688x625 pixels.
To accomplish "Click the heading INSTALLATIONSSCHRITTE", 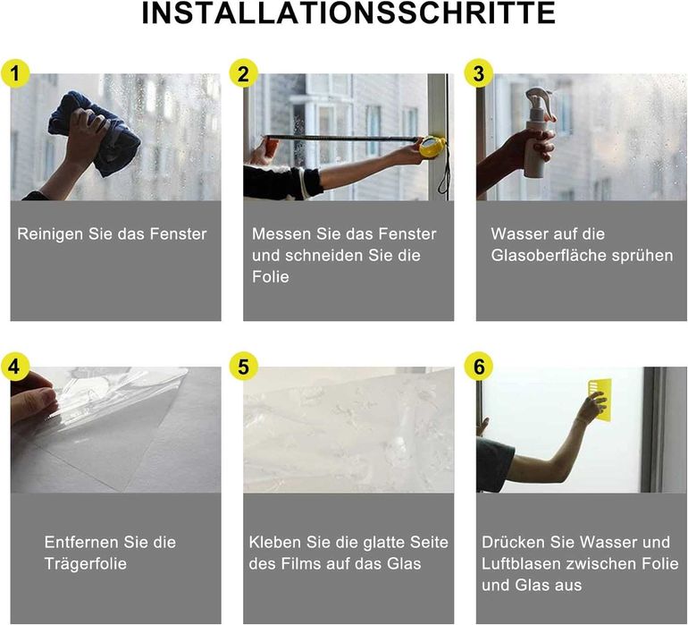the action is pyautogui.click(x=348, y=13).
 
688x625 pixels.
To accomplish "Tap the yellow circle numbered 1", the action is pyautogui.click(x=15, y=73).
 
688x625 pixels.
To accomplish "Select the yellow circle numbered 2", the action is pyautogui.click(x=244, y=73).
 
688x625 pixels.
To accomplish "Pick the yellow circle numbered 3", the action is pyautogui.click(x=479, y=73).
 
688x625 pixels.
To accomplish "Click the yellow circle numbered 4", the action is pyautogui.click(x=15, y=367).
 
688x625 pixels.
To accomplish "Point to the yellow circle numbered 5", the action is pyautogui.click(x=244, y=367).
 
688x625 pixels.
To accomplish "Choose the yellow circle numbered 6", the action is pyautogui.click(x=479, y=367).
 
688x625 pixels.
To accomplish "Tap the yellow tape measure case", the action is pyautogui.click(x=432, y=147).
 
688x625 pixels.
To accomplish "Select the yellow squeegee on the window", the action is pyautogui.click(x=600, y=397).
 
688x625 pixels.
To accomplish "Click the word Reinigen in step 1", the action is pyautogui.click(x=50, y=234).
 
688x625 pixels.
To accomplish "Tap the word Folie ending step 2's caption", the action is pyautogui.click(x=270, y=276).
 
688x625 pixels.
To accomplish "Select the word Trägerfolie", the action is pyautogui.click(x=86, y=563).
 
